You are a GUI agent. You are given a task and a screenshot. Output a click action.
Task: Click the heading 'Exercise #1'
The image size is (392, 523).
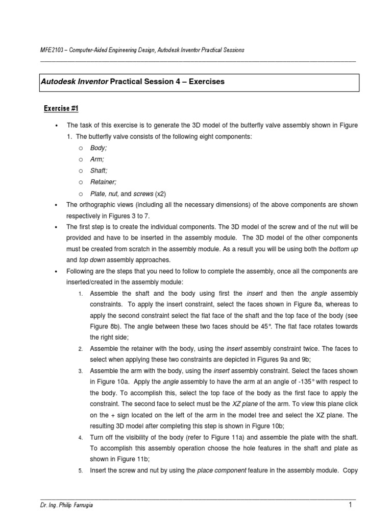(60, 108)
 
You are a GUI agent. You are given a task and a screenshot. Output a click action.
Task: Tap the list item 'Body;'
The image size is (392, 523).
(99, 148)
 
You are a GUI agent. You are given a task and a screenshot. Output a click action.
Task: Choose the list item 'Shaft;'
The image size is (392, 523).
(99, 171)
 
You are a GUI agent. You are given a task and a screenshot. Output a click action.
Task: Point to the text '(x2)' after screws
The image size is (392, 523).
(160, 194)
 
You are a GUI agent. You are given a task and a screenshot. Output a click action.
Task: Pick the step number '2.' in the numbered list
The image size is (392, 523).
(81, 348)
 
